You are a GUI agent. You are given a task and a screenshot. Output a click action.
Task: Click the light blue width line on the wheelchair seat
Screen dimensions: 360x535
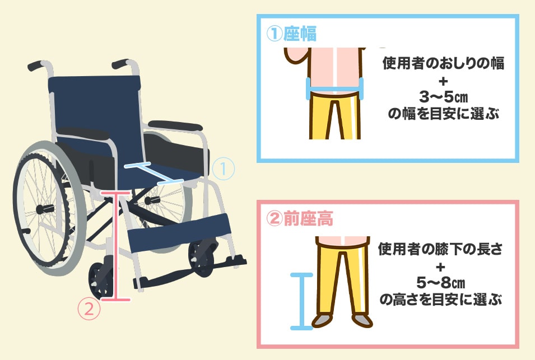click(153, 173)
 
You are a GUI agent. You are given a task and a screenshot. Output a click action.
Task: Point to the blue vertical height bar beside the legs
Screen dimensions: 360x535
click(301, 301)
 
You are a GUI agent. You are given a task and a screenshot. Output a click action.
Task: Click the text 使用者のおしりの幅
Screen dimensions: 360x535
click(443, 63)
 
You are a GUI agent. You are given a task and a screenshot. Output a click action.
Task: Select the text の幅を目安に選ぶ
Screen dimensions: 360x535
click(443, 114)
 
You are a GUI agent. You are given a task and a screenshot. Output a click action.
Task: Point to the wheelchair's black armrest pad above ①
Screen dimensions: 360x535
click(175, 125)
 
